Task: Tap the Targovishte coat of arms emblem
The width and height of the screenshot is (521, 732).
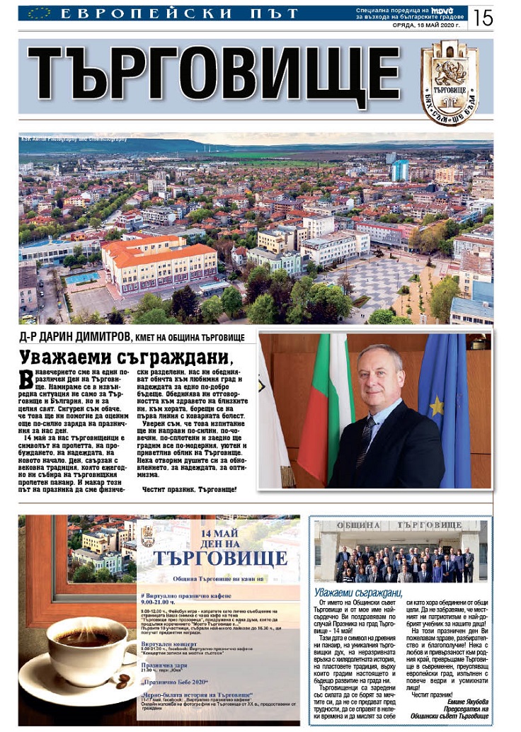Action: [x=450, y=82]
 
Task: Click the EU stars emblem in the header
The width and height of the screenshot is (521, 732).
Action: [x=38, y=13]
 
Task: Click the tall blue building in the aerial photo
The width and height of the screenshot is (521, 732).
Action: [x=401, y=170]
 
